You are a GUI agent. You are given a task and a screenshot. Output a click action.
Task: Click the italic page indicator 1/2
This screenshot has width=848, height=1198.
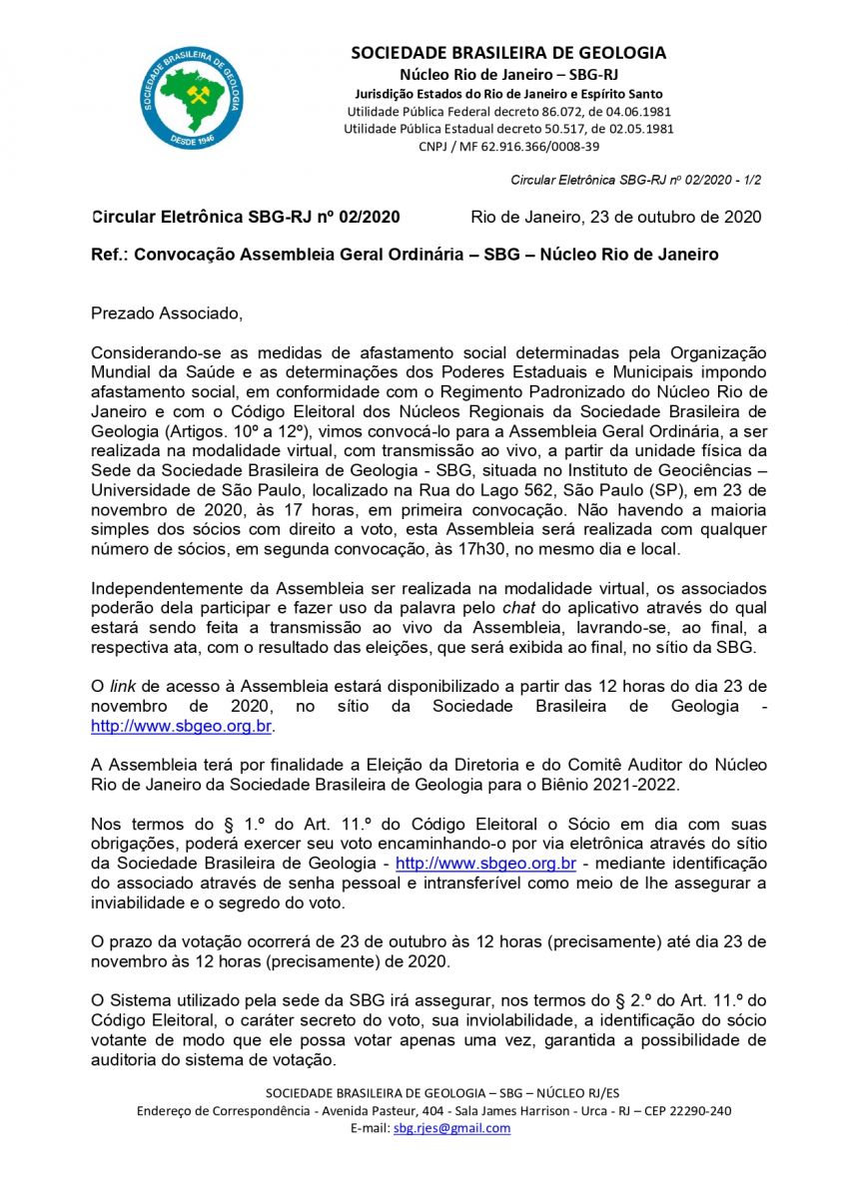(751, 181)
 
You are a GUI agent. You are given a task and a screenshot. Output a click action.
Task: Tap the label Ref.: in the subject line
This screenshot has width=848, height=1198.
(108, 255)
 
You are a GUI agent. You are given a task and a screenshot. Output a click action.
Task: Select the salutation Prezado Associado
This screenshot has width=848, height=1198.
(167, 313)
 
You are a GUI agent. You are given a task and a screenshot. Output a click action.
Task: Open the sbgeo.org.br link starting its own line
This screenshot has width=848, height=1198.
(182, 726)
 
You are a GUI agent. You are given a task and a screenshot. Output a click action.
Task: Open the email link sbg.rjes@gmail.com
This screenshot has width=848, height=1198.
(451, 1128)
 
